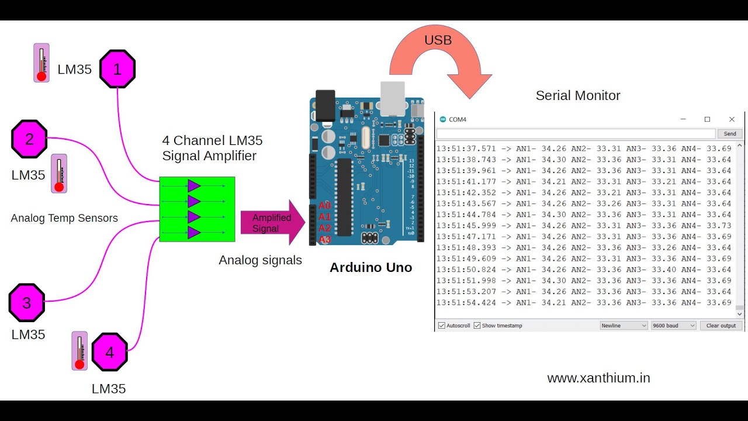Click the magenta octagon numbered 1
pos(117,69)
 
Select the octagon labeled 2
pos(29,139)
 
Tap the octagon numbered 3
pos(27,302)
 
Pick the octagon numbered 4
pos(109,352)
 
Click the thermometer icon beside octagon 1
pos(41,63)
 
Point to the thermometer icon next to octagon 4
pos(80,351)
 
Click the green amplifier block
pos(197,209)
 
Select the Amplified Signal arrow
pos(272,223)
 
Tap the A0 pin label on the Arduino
pos(325,206)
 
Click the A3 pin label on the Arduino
pos(325,239)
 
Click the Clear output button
pos(721,326)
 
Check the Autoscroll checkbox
pos(442,326)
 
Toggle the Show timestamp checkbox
pos(477,326)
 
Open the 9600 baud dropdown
pos(674,326)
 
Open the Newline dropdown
pos(624,326)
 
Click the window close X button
pos(732,119)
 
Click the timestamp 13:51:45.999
pos(466,226)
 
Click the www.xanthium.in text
pos(598,378)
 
